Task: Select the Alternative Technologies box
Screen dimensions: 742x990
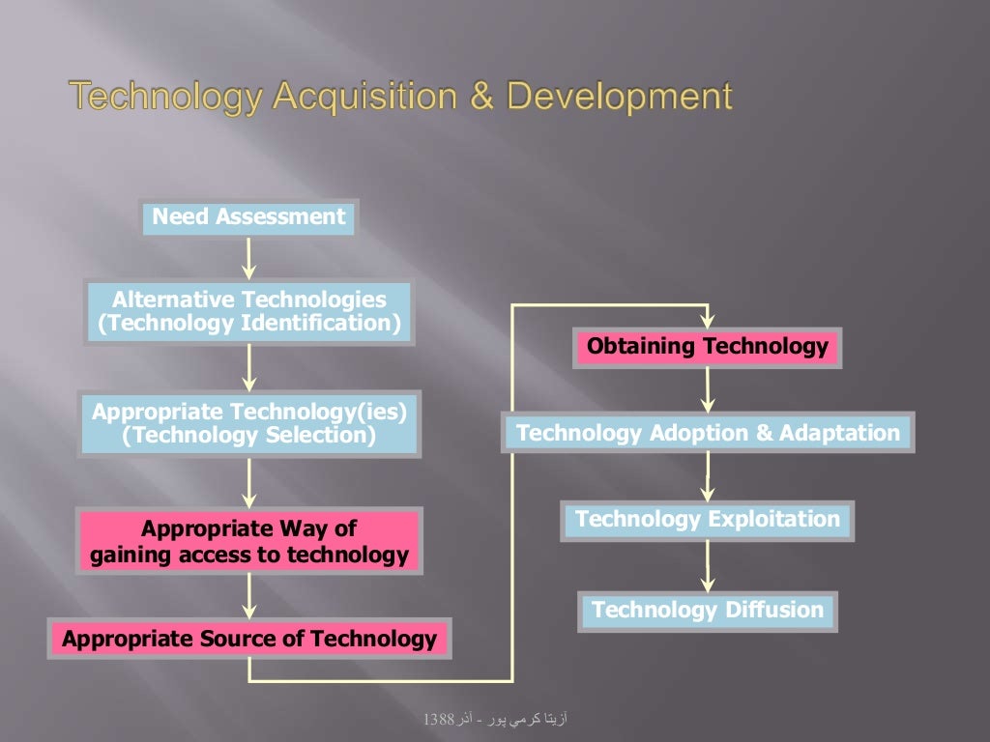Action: click(249, 312)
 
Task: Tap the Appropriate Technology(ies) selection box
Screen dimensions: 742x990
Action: click(249, 424)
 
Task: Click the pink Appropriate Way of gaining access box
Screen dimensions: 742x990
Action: click(249, 542)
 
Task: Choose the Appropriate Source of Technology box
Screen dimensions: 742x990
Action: click(249, 639)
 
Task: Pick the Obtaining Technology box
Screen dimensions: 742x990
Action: click(708, 347)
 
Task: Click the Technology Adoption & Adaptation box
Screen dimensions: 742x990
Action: click(708, 433)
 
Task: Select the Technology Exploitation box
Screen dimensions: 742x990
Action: click(708, 520)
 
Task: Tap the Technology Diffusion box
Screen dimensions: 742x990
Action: click(708, 611)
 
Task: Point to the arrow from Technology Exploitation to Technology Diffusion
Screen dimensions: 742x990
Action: click(708, 566)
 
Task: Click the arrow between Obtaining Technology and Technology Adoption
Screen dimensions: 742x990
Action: click(708, 390)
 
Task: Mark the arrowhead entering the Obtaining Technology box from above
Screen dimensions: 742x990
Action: click(708, 321)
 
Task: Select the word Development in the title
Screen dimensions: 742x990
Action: click(620, 97)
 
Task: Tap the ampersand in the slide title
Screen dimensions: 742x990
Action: click(486, 97)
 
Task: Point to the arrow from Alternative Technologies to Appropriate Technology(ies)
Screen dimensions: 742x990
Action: click(249, 367)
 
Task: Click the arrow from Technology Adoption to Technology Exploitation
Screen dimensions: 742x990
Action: click(708, 476)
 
